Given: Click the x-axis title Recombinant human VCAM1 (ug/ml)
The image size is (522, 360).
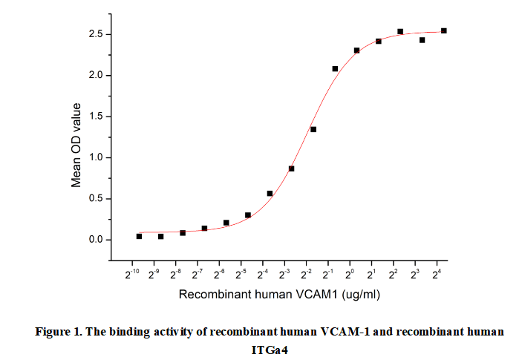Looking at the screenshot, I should click(279, 295).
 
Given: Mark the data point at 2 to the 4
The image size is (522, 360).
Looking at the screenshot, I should click(444, 30).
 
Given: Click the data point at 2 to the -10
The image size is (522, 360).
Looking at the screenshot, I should click(139, 236).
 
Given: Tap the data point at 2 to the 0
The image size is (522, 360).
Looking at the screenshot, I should click(357, 50).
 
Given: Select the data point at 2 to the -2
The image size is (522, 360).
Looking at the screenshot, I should click(313, 129).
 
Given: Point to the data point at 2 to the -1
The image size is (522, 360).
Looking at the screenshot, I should click(335, 68).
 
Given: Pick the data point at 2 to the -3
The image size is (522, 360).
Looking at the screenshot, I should click(292, 168).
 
